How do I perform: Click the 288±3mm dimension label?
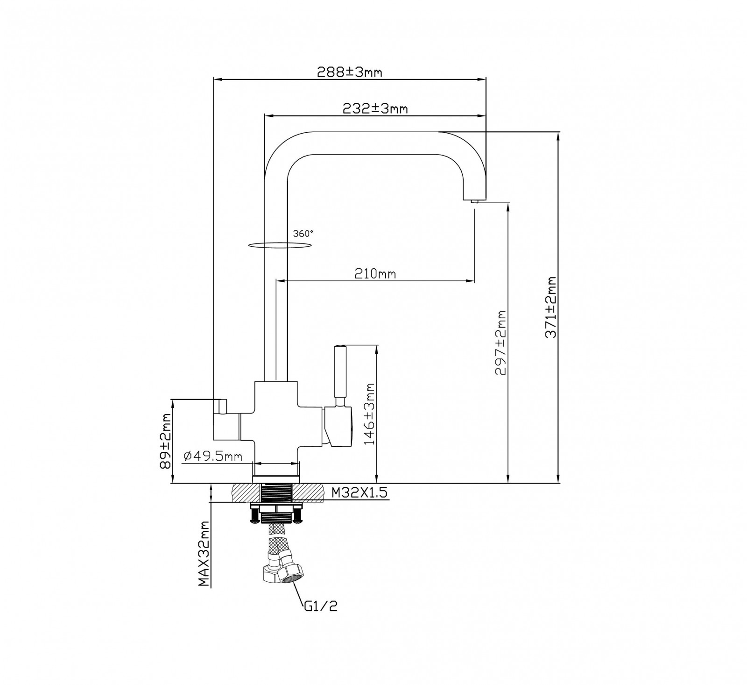349,72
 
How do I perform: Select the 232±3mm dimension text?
375,108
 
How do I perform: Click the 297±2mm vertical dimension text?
500,342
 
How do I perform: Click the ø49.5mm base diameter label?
212,456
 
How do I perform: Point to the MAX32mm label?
203,554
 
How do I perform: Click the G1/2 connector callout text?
320,607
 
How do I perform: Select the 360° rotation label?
303,234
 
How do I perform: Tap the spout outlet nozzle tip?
475,201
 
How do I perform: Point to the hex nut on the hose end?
290,573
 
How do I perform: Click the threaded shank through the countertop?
276,493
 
